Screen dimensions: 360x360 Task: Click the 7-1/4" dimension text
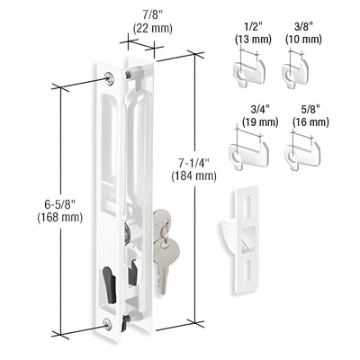point(193,163)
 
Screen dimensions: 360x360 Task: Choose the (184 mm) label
point(193,176)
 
